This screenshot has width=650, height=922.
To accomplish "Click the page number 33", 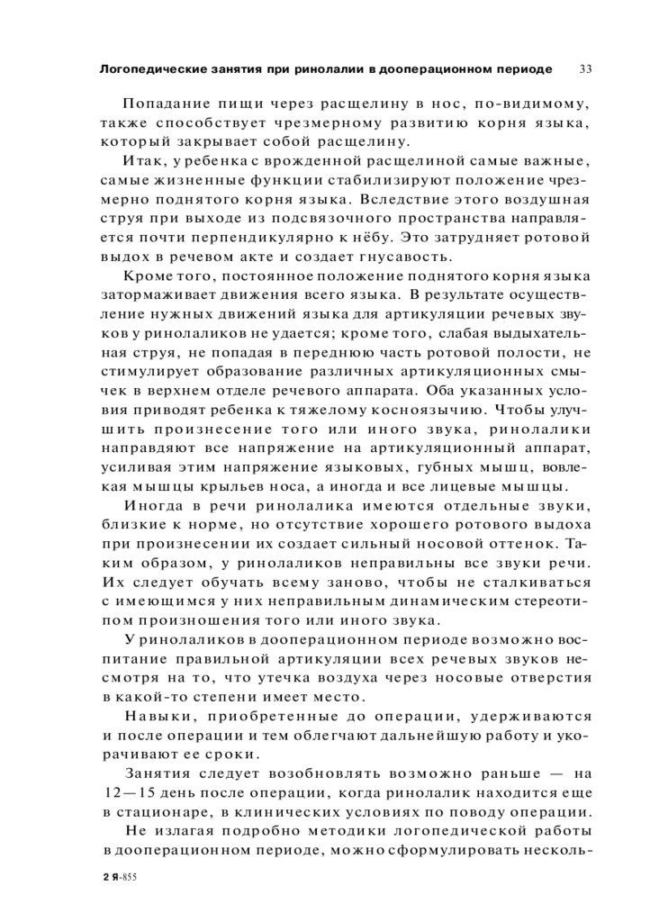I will click(x=585, y=69).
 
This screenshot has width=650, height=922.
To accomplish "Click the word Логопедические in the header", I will click(x=146, y=69).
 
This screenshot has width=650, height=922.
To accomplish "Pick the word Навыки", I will click(x=156, y=716).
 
